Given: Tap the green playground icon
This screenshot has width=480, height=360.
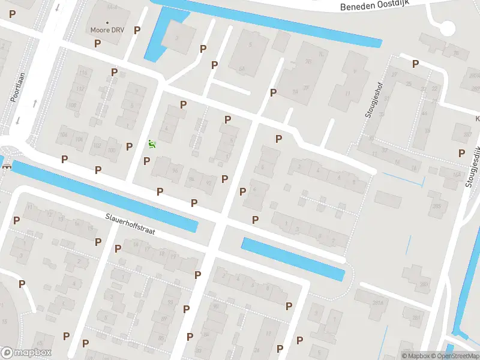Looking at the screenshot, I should tap(151, 143).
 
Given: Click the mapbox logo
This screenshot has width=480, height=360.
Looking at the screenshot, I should tap(26, 353).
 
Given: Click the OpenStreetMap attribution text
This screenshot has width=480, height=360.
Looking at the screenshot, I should tap(454, 356).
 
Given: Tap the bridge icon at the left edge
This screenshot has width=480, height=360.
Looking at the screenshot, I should tap(7, 166).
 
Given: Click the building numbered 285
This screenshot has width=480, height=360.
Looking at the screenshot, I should tap(436, 207).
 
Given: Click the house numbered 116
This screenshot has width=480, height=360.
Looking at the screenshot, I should tap(83, 73).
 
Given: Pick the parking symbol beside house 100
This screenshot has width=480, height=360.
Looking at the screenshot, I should tap(129, 146).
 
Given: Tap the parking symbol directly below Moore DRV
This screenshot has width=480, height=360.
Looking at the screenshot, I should tap(97, 43).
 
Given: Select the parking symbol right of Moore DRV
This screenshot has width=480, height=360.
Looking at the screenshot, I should tap(137, 30).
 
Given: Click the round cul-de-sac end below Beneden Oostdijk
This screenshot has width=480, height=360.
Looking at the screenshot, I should tap(446, 28).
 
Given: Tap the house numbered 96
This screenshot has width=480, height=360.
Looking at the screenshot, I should tap(175, 170).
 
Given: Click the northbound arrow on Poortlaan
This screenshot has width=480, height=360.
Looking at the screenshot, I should tap(34, 103).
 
